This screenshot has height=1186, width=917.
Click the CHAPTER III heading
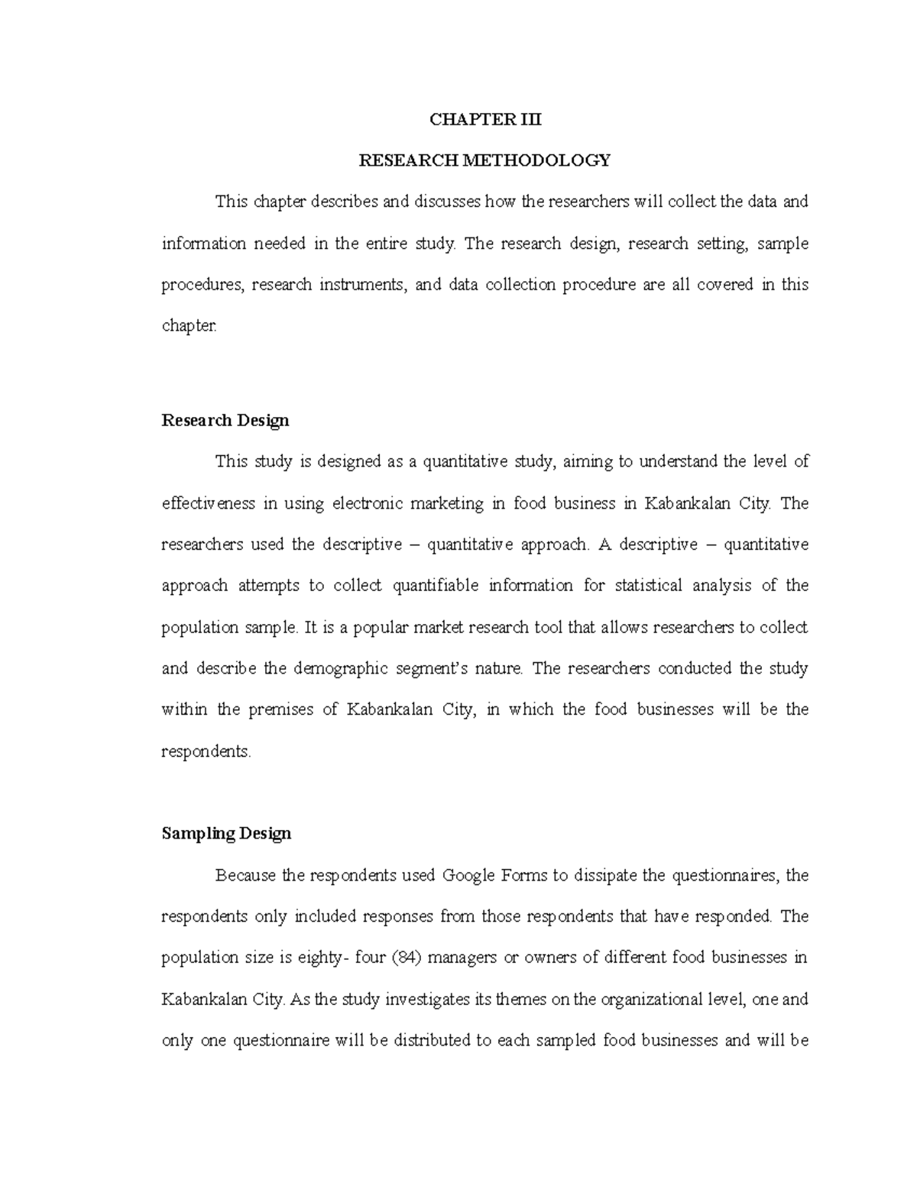click(484, 119)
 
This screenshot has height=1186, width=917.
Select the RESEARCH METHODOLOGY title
click(484, 160)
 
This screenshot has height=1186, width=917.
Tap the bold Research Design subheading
click(225, 421)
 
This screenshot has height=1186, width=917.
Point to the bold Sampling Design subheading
click(226, 833)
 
